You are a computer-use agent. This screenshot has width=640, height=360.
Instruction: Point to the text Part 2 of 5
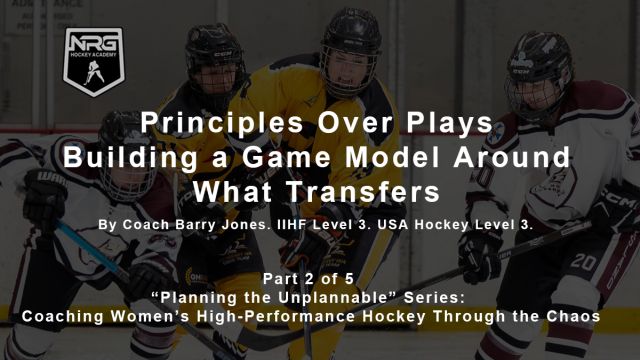click(319, 277)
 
